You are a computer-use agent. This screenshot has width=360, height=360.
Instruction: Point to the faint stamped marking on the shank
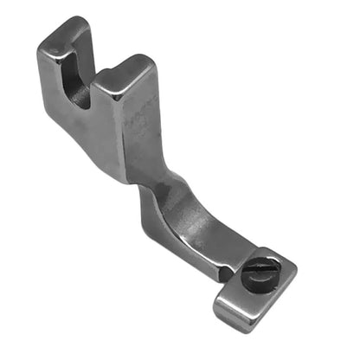[x=138, y=120]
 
